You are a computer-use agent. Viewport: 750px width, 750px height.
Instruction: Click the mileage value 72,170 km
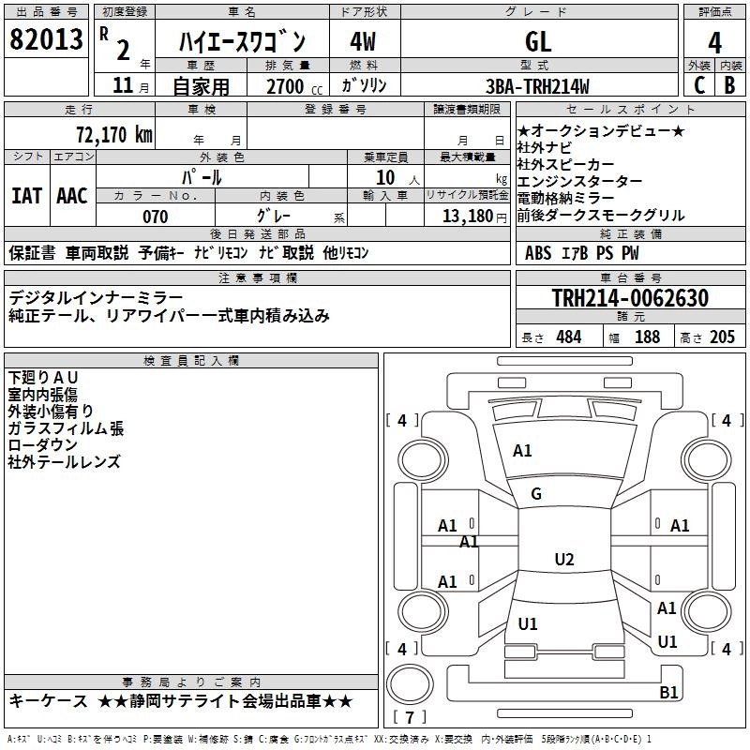(113, 133)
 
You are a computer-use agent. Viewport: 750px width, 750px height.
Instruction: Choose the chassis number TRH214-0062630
(630, 298)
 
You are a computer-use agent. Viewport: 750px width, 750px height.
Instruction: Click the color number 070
(156, 217)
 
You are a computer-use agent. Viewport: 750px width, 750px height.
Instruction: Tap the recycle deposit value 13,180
(466, 217)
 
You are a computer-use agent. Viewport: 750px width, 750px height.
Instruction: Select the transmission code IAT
(26, 196)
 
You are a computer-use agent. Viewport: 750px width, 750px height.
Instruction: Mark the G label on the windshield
(536, 494)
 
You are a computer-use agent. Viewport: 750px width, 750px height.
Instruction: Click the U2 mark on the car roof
(563, 560)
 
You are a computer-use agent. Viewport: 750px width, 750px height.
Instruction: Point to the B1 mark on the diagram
(668, 693)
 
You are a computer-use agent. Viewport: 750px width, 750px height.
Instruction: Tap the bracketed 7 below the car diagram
(410, 717)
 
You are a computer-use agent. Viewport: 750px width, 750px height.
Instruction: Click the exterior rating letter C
(698, 86)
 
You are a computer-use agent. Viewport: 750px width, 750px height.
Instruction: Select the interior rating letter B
(730, 86)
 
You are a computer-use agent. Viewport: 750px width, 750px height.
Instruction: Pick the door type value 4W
(362, 41)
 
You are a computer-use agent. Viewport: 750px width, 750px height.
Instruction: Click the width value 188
(647, 337)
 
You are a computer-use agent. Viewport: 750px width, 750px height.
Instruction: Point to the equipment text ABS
(538, 252)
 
